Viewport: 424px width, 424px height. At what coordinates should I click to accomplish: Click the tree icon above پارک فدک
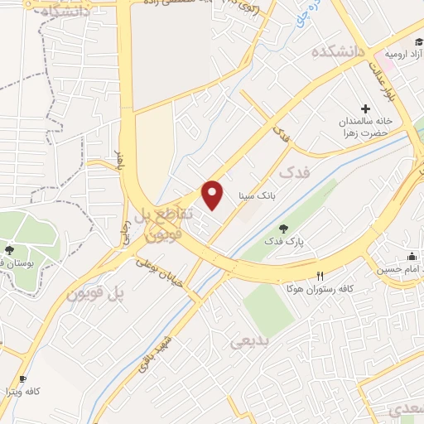point(285,228)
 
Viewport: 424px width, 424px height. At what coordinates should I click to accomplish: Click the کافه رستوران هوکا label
point(320,289)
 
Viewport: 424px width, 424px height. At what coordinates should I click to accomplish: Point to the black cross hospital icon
point(365,108)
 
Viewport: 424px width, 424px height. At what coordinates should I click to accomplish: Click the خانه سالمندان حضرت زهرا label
point(369,128)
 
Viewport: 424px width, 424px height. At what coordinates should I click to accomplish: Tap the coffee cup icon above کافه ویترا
point(22,377)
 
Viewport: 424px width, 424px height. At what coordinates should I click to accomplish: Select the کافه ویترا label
point(22,390)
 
